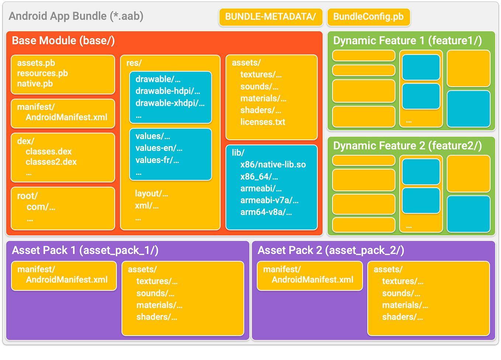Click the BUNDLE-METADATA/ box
pos(270,17)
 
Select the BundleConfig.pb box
pos(368,17)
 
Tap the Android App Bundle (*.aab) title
pos(76,16)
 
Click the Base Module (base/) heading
pos(63,41)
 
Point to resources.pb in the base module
pos(42,73)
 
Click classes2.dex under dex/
pos(51,162)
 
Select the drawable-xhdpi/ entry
pos(170,103)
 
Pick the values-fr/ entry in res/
pos(157,160)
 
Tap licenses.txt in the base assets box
pos(263,122)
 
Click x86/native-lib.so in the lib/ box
pos(273,165)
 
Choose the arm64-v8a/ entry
pos(266,212)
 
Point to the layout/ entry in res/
pos(151,194)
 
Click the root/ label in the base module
pos(27,196)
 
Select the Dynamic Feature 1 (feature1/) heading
pos(407,41)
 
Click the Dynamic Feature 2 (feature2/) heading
pos(407,146)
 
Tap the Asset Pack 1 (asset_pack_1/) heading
pos(85,250)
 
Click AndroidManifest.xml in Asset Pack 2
pos(312,280)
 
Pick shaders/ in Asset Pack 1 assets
pos(156,317)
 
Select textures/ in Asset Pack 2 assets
pos(402,281)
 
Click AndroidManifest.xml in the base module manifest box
pos(66,117)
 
